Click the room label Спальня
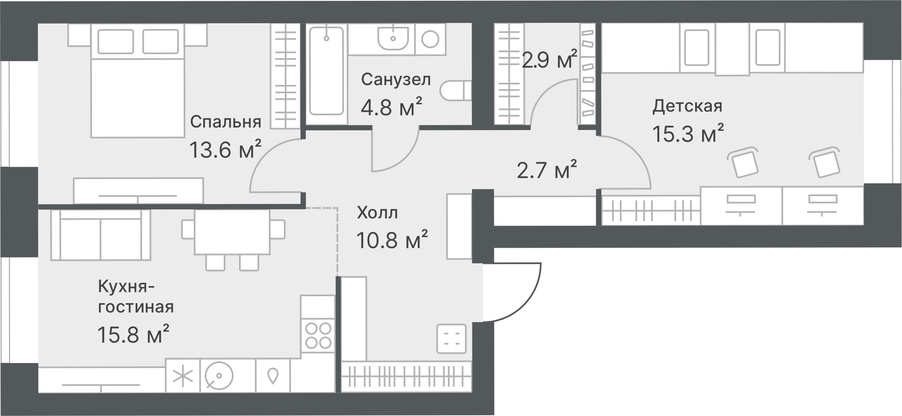click(x=226, y=122)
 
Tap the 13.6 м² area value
click(x=225, y=150)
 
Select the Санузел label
click(x=396, y=79)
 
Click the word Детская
click(x=687, y=106)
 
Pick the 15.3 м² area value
click(x=688, y=133)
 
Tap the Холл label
click(x=377, y=213)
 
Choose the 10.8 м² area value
click(x=392, y=239)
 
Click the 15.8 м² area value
click(x=133, y=334)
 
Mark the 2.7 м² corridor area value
click(x=547, y=169)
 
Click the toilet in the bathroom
click(x=456, y=90)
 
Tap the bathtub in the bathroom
click(x=327, y=71)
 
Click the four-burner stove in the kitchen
click(x=318, y=335)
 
